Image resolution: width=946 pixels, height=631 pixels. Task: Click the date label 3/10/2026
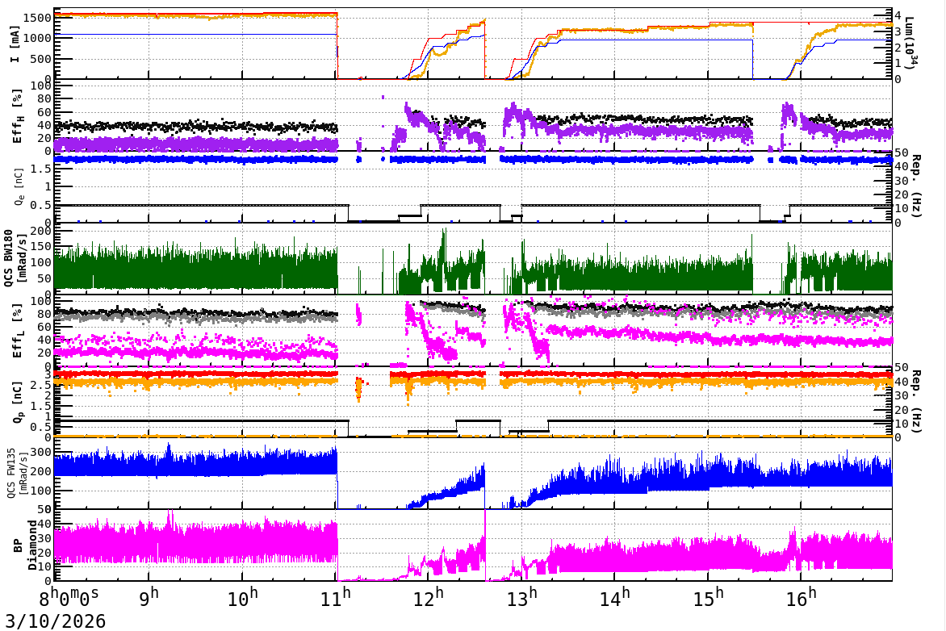pyautogui.click(x=53, y=621)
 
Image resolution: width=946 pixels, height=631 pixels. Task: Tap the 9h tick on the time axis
pyautogui.click(x=149, y=600)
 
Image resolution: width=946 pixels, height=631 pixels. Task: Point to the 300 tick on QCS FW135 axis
pyautogui.click(x=42, y=452)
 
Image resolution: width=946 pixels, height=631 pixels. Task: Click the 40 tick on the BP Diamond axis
pyautogui.click(x=45, y=524)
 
